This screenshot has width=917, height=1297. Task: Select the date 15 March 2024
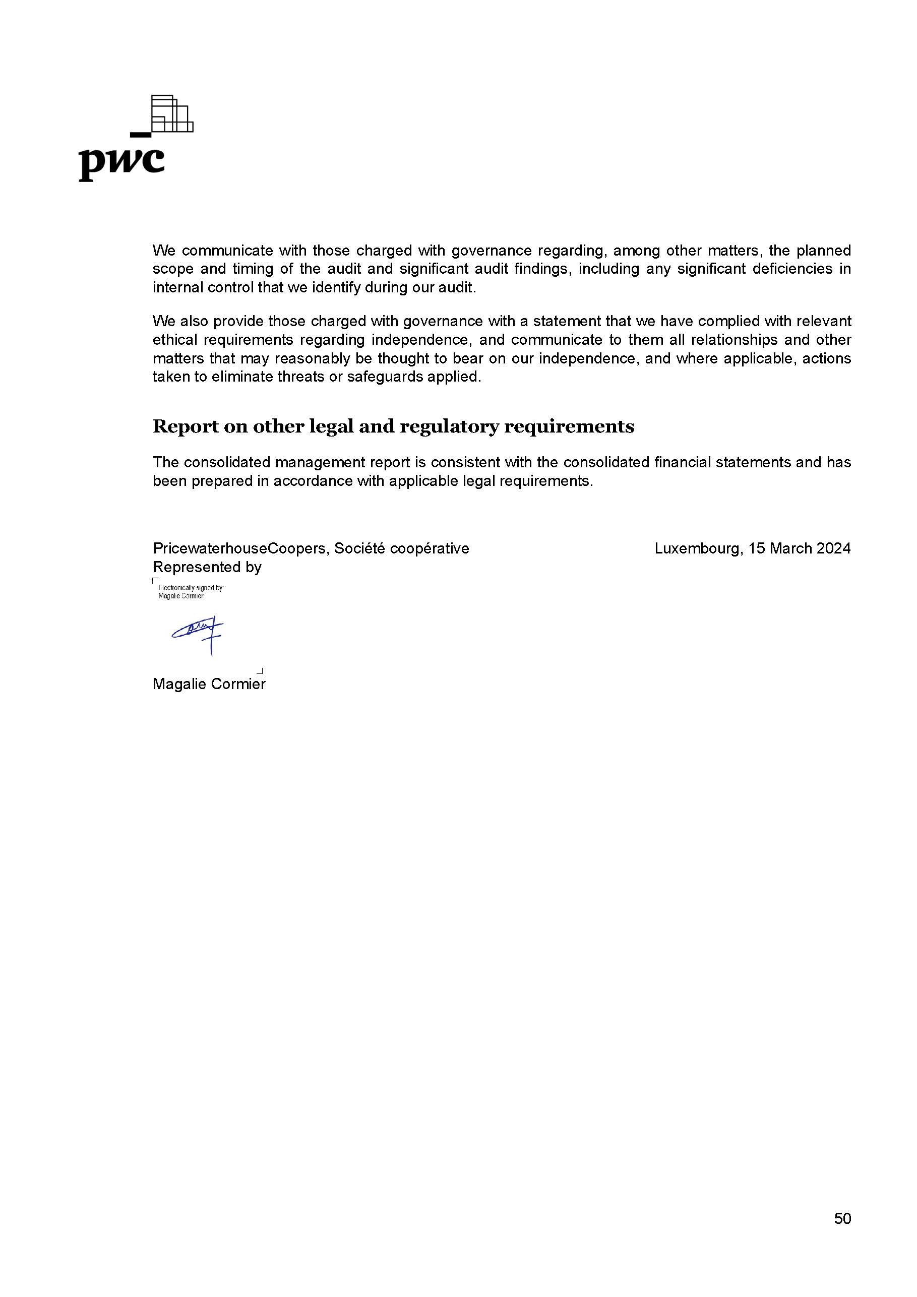(x=799, y=548)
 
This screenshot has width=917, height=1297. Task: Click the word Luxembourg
(x=697, y=548)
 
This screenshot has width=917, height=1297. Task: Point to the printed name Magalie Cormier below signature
(x=209, y=684)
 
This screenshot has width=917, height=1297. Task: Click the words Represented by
(x=207, y=567)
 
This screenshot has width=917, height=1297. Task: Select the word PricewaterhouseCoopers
(x=240, y=548)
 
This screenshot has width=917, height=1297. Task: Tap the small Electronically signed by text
(x=191, y=588)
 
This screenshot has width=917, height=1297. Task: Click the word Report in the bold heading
(x=186, y=426)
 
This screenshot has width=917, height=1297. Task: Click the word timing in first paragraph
(x=253, y=269)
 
